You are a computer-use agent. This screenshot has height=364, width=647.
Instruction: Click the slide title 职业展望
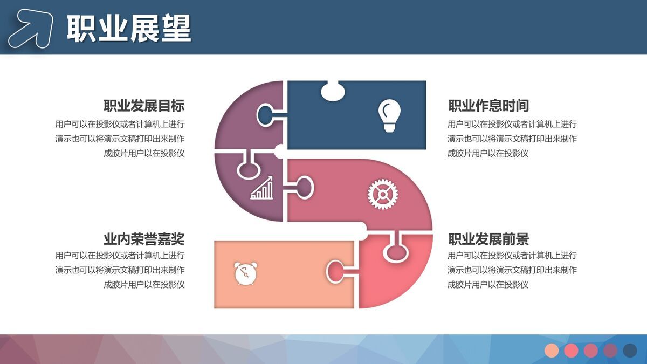click(129, 28)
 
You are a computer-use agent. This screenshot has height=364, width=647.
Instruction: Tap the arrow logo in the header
click(31, 28)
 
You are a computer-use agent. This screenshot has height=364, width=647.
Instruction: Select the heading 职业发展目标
click(144, 105)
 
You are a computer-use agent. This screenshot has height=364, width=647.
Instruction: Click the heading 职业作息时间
click(488, 105)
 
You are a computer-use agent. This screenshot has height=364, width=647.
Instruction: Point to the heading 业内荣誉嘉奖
click(144, 239)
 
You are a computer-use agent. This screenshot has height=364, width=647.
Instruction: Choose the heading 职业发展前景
click(488, 239)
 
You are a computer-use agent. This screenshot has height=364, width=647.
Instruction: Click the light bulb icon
click(389, 115)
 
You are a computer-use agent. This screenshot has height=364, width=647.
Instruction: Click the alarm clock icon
click(245, 272)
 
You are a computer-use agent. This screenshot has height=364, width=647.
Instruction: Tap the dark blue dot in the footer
click(630, 351)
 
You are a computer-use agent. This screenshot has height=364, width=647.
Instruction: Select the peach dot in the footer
click(552, 351)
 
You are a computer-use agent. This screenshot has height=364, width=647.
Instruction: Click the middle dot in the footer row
click(591, 351)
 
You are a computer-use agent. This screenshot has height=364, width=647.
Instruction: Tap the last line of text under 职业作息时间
click(488, 153)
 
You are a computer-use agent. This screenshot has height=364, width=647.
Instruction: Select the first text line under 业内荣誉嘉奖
click(120, 255)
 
